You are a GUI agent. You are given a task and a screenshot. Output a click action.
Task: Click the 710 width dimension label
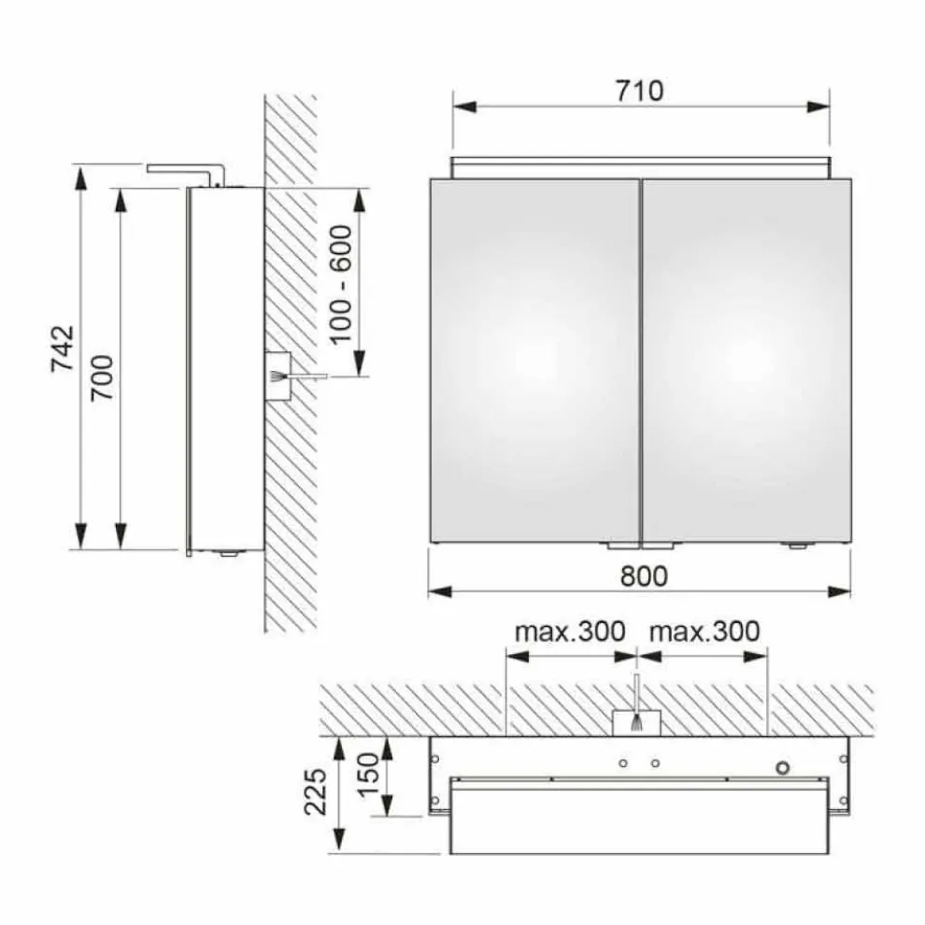(x=639, y=91)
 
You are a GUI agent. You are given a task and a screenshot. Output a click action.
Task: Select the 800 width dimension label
(x=644, y=576)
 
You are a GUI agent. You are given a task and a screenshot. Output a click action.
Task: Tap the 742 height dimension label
(x=64, y=349)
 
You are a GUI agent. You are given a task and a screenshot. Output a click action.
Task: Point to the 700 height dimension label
(x=102, y=377)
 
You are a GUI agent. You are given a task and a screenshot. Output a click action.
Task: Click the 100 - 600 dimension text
(x=340, y=284)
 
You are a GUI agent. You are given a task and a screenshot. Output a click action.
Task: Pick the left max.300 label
(x=570, y=632)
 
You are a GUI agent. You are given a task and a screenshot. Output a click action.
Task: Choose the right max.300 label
(x=704, y=632)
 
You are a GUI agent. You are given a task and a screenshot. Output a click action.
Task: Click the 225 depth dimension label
(x=315, y=791)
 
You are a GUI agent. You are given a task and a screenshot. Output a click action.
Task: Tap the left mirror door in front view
(x=534, y=361)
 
